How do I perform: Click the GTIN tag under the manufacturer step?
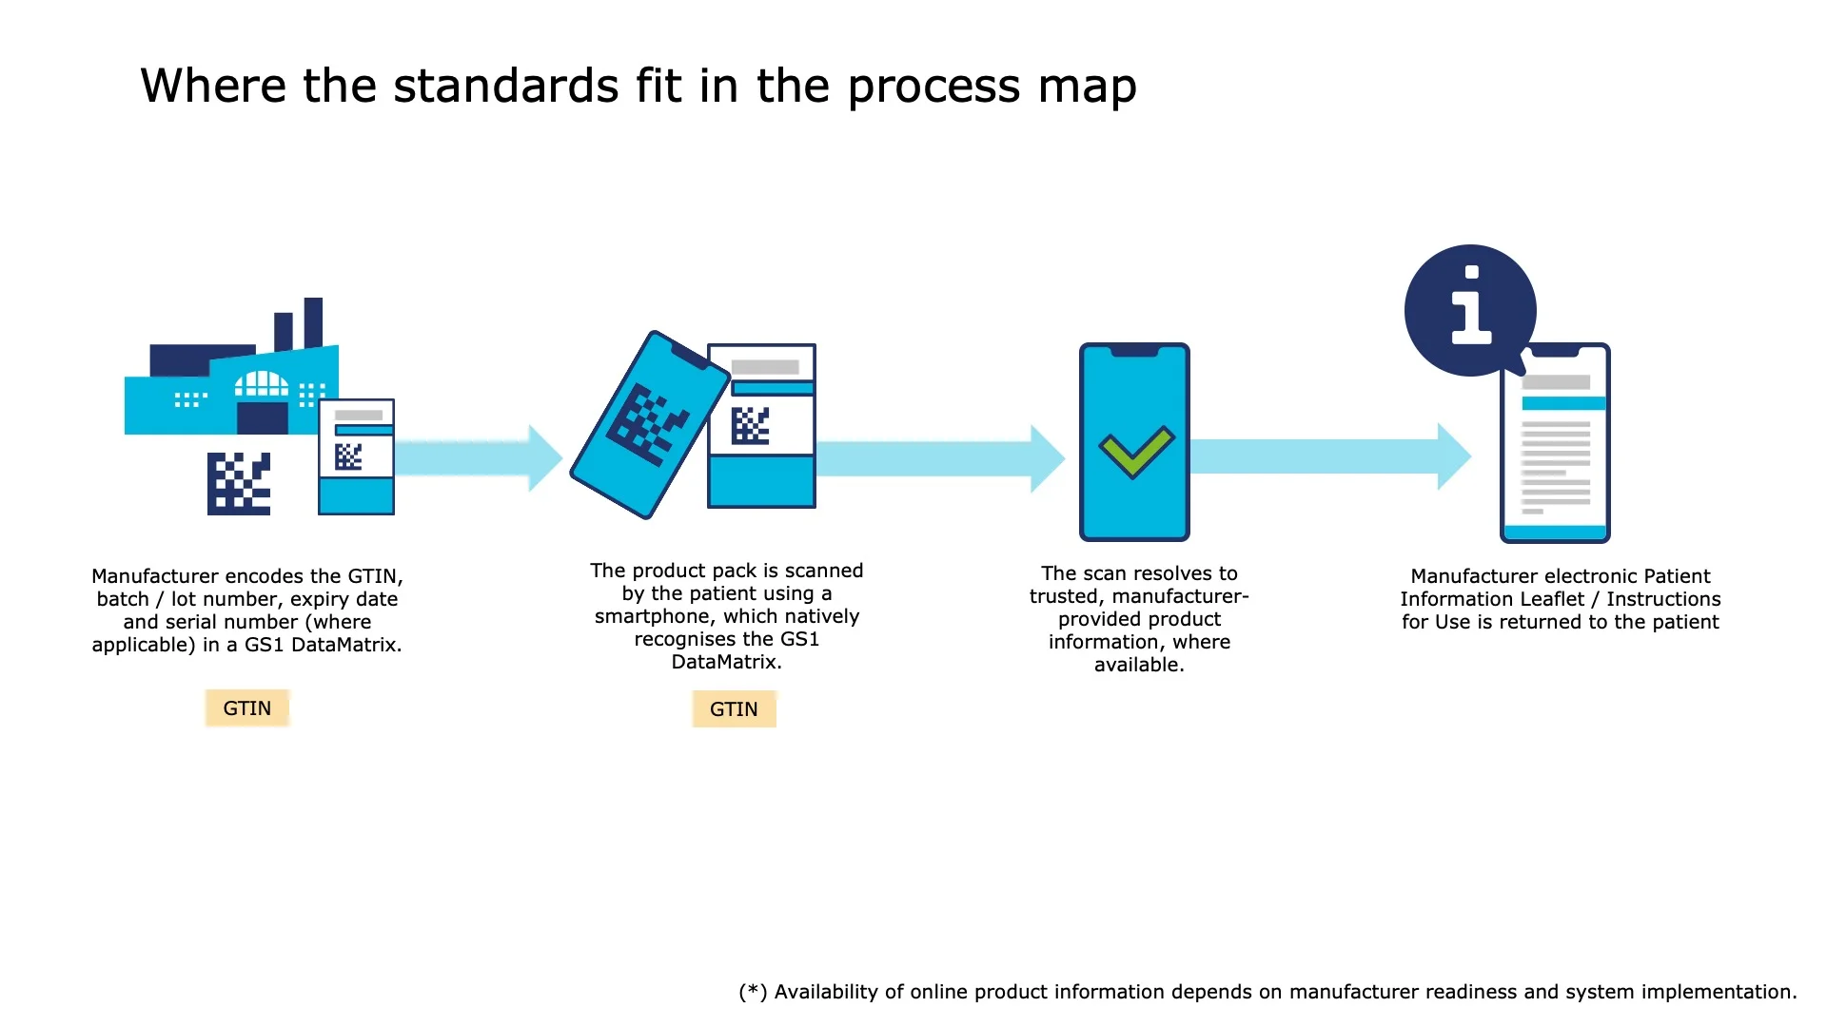[246, 708]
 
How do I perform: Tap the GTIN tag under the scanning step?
[734, 709]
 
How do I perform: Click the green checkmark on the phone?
[1136, 451]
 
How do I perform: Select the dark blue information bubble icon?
[1470, 310]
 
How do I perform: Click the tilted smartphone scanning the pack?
[649, 425]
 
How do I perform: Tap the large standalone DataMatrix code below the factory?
[239, 484]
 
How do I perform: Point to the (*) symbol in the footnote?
[753, 992]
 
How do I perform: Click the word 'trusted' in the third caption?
[1064, 596]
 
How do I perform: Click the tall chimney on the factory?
[313, 322]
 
